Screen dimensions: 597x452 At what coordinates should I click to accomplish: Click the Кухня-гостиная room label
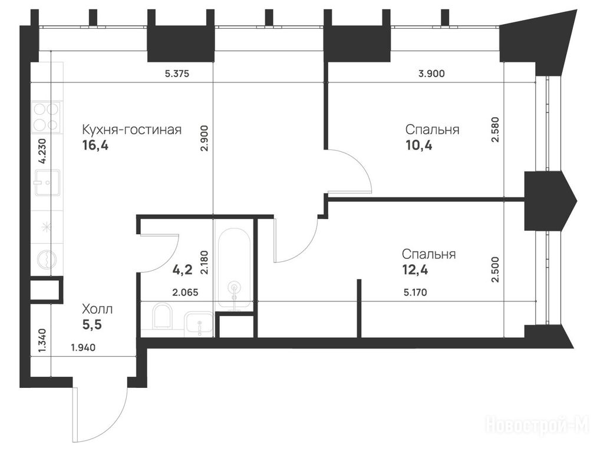point(132,130)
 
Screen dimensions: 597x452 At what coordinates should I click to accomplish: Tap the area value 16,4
point(95,145)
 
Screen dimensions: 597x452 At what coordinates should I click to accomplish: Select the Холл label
point(97,309)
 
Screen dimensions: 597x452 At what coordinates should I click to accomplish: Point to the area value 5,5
point(92,325)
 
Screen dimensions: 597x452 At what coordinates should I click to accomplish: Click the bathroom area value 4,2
point(182,270)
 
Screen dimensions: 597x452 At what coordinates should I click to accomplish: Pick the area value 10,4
point(419,145)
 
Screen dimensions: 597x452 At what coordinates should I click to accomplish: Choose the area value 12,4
point(415,270)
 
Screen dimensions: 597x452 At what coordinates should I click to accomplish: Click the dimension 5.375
point(177,74)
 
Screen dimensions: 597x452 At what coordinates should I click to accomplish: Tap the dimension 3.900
point(431,74)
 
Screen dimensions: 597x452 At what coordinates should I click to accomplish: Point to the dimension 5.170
point(415,293)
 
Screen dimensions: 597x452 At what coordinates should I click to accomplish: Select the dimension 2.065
point(186,293)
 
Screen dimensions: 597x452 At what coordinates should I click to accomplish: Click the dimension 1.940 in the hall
point(83,347)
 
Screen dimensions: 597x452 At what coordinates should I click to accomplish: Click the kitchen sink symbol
point(47,182)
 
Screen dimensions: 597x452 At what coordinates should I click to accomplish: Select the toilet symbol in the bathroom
point(163,315)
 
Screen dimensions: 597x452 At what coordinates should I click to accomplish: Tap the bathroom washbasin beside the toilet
point(198,324)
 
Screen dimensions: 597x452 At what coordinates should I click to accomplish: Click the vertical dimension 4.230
point(42,151)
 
